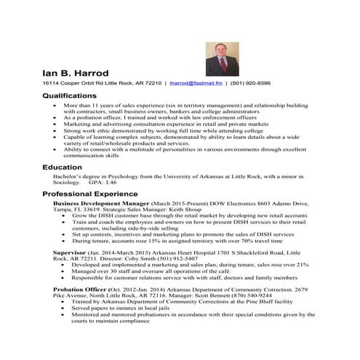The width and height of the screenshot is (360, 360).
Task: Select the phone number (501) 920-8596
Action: click(x=249, y=84)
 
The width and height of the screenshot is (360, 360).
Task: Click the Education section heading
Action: click(x=62, y=167)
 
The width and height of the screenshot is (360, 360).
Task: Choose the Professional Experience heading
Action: click(x=89, y=195)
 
